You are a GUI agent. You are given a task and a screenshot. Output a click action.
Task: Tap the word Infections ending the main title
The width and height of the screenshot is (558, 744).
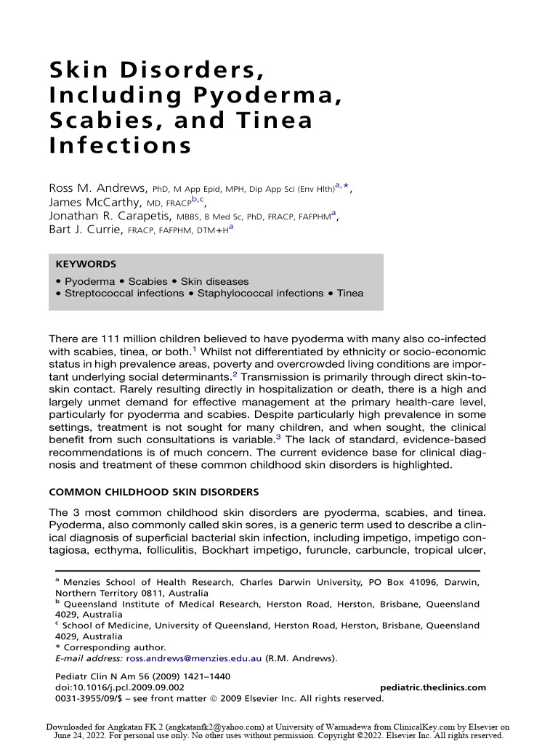tap(120, 145)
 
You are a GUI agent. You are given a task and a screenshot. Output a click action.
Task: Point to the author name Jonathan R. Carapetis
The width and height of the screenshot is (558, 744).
tap(108, 216)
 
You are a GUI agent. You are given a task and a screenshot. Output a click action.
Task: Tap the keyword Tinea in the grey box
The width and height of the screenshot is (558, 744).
tap(349, 294)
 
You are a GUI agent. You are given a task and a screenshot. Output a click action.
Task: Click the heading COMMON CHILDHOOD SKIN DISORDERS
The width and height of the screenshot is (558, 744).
tap(153, 492)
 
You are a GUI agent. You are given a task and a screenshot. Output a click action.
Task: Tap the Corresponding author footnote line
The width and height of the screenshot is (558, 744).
tap(114, 647)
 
